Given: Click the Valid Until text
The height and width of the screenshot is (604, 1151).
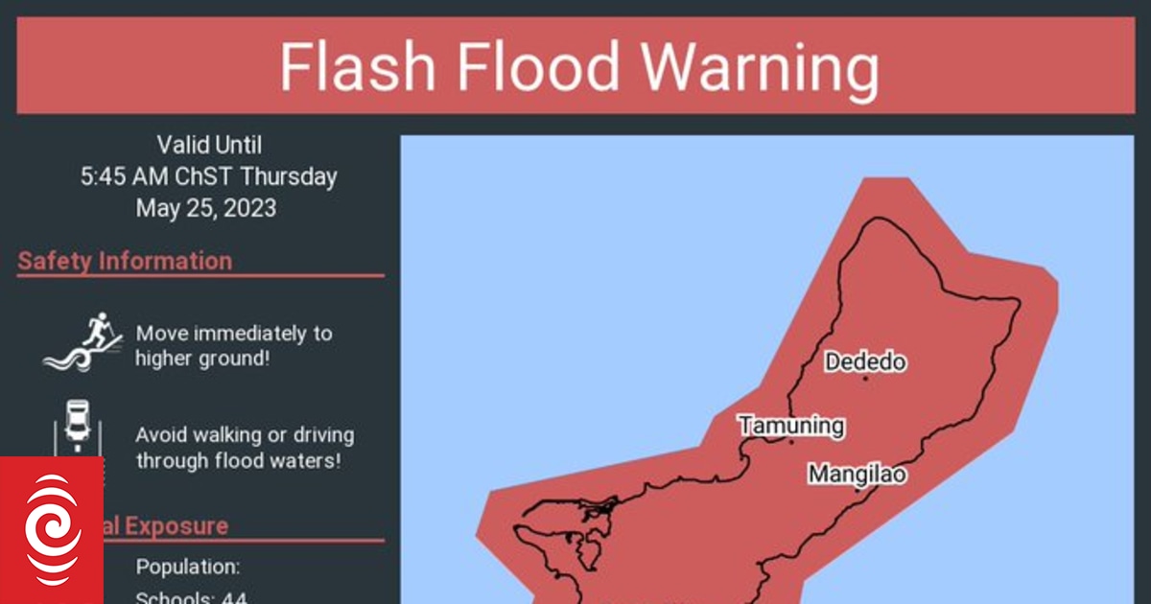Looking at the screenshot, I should [208, 145].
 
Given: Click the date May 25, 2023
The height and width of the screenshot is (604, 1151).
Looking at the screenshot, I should [205, 208].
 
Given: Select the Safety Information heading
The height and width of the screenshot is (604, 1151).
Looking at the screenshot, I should [125, 261].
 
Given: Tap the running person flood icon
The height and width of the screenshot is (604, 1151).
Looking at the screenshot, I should [83, 342].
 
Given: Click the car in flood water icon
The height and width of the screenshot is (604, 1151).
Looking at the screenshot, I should [77, 428].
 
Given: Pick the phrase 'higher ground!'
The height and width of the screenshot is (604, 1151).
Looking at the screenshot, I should [200, 359].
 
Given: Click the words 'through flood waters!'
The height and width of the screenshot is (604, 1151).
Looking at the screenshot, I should [238, 460].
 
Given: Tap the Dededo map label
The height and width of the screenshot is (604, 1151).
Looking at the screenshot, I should [865, 362].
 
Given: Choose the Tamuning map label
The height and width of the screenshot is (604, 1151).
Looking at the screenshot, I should [791, 425].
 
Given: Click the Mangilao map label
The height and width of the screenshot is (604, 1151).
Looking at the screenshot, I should [857, 474].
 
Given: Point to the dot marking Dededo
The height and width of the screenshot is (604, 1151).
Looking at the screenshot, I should [865, 379].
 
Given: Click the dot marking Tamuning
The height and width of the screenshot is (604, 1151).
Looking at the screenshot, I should [791, 442].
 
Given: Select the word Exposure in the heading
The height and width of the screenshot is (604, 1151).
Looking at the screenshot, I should [176, 525].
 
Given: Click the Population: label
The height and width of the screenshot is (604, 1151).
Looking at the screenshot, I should [188, 567].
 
